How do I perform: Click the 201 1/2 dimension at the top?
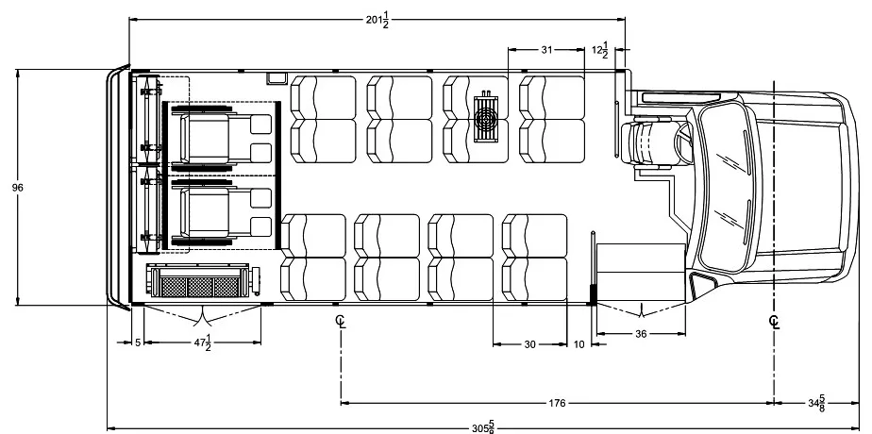[377, 20]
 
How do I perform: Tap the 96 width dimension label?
[17, 188]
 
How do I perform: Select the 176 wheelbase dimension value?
[557, 403]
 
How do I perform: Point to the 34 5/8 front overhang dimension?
[816, 403]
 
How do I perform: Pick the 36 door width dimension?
[641, 334]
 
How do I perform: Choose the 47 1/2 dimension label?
[202, 342]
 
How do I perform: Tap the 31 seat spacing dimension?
[546, 49]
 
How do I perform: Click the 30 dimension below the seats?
[530, 344]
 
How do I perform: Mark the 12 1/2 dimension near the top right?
[600, 50]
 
